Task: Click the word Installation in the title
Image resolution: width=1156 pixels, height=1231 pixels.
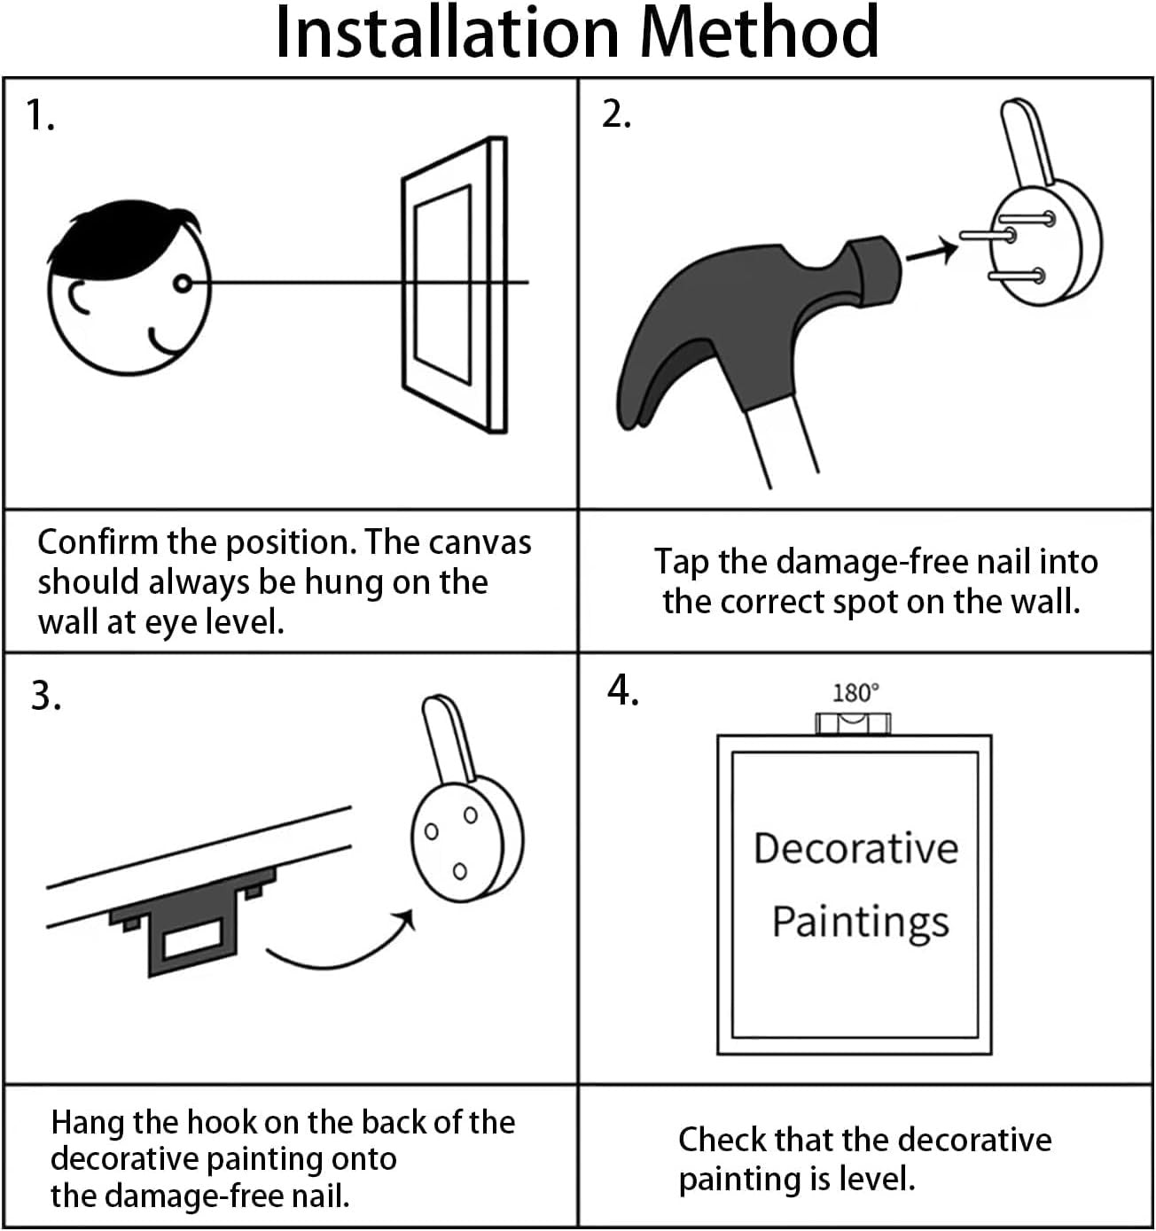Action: click(x=448, y=32)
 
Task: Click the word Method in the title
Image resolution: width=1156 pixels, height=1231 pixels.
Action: click(x=759, y=32)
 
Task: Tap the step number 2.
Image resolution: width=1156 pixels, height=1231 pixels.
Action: click(x=616, y=114)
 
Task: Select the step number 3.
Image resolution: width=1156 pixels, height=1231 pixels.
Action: click(x=46, y=696)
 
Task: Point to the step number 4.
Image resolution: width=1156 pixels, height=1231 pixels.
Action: click(x=622, y=690)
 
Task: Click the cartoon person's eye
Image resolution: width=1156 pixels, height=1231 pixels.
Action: click(x=183, y=284)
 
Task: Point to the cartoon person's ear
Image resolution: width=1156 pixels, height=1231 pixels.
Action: click(x=80, y=298)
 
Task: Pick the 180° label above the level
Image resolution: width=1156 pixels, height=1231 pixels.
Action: click(x=855, y=693)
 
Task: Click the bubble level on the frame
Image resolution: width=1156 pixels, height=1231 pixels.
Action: click(x=853, y=723)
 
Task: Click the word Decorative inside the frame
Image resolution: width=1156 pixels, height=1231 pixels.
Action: click(x=855, y=848)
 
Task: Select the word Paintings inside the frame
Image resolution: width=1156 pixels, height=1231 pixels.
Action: click(x=861, y=923)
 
